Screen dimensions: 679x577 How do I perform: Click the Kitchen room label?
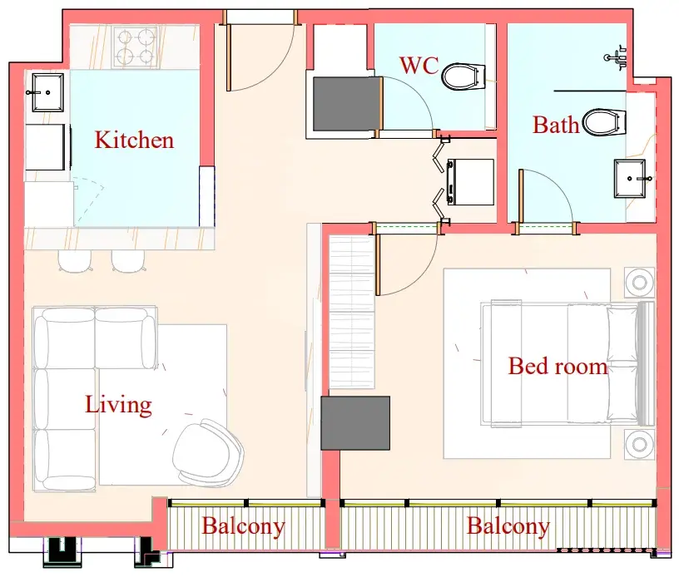point(134,141)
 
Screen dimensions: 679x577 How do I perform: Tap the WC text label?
point(419,66)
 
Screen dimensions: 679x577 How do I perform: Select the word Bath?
point(556,125)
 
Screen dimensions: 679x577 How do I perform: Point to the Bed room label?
point(558,366)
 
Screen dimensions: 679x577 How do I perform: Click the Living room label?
point(118,405)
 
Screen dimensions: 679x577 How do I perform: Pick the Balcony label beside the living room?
point(243,526)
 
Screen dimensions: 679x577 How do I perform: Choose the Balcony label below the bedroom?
point(508,526)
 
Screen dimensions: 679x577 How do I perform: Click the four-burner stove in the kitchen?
point(136,47)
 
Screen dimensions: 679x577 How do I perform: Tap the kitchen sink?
point(47,92)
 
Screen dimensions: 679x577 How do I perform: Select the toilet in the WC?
point(463,77)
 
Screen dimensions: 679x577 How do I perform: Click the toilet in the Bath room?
point(604,122)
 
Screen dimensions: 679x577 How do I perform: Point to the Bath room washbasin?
point(630,179)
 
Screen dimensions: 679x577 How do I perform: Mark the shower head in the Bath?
point(617,57)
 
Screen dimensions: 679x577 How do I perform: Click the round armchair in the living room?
point(208,451)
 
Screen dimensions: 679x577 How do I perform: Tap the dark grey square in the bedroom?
point(355,423)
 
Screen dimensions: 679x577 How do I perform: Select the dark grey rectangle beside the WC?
point(347,104)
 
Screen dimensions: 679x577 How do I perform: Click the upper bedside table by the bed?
point(639,283)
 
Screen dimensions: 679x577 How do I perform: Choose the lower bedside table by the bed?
point(639,444)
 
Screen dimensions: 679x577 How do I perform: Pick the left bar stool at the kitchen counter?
point(76,261)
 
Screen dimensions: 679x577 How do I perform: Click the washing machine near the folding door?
point(470,182)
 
